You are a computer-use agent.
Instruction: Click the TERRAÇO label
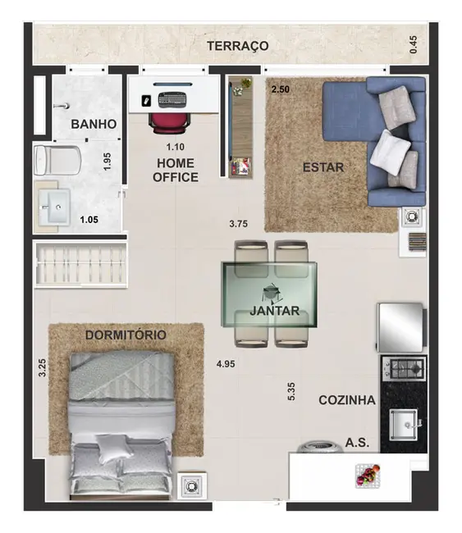click(x=238, y=46)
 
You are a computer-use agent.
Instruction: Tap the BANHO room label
click(x=93, y=125)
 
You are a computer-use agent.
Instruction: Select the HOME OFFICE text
click(x=176, y=170)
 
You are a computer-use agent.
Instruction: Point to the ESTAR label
click(x=322, y=167)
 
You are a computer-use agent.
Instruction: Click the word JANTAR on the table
click(x=274, y=312)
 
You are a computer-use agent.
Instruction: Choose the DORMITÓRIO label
click(x=126, y=335)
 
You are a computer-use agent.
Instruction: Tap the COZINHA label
click(x=347, y=400)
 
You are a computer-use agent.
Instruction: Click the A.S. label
click(x=357, y=442)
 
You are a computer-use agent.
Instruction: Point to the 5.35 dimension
click(x=291, y=391)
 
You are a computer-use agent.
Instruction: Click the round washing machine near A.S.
click(x=316, y=448)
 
